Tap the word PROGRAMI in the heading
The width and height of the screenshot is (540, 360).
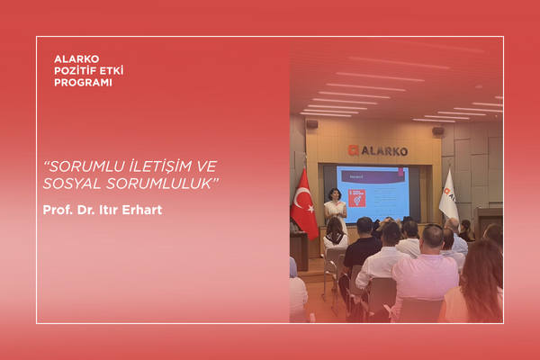click(x=83, y=83)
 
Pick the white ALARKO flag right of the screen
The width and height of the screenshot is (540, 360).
click(x=447, y=197)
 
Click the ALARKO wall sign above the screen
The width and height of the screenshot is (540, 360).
click(x=378, y=150)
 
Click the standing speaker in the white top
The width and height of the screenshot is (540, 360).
click(x=335, y=206)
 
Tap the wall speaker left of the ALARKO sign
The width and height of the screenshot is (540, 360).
click(x=311, y=123)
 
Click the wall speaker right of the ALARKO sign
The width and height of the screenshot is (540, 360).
click(x=438, y=130)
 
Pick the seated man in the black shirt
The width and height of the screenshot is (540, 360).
click(x=362, y=247)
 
